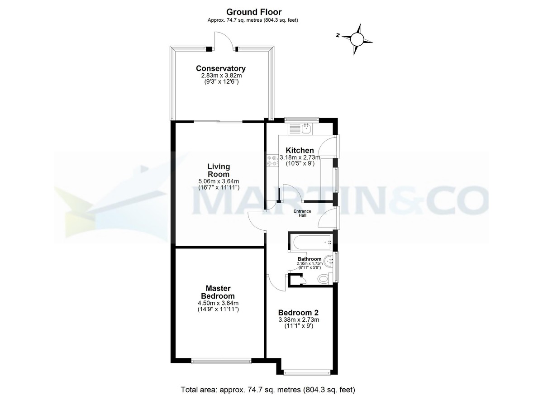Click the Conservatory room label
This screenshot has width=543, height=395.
point(220,68)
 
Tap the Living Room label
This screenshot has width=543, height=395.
point(219,170)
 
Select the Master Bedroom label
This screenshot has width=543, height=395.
point(218,292)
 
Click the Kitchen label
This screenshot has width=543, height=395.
point(300,150)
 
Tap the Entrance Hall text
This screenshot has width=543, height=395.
point(302,213)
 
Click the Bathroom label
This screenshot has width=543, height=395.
point(310,259)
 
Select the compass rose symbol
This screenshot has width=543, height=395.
point(357,39)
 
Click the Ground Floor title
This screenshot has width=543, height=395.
point(253,12)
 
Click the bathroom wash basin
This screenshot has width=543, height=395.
point(331,260)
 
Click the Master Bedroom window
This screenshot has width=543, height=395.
point(221,361)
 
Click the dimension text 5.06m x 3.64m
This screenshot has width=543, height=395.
point(219,181)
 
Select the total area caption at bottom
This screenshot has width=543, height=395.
point(268,389)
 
